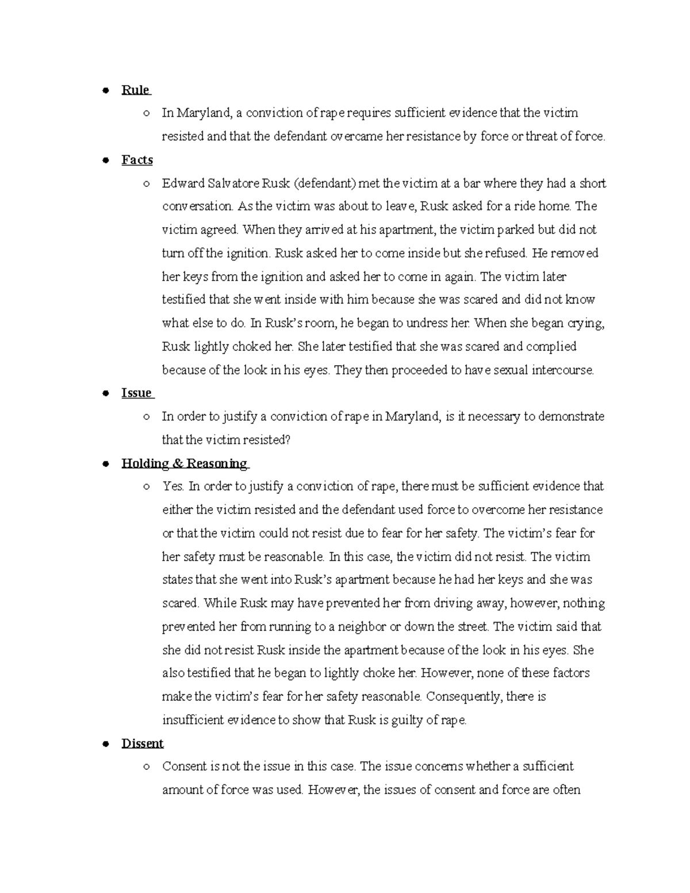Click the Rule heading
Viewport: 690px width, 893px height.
[x=136, y=90]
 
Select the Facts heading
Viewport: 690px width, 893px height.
[x=137, y=160]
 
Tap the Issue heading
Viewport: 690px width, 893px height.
[x=137, y=393]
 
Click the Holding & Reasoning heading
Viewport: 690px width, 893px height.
[x=184, y=463]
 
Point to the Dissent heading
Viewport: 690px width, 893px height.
[x=143, y=743]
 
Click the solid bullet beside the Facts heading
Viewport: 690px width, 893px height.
[x=105, y=161]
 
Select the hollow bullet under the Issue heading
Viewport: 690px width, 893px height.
[x=147, y=417]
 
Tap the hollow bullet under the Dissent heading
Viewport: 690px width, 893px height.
[x=147, y=767]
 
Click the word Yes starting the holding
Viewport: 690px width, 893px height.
[x=173, y=486]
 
